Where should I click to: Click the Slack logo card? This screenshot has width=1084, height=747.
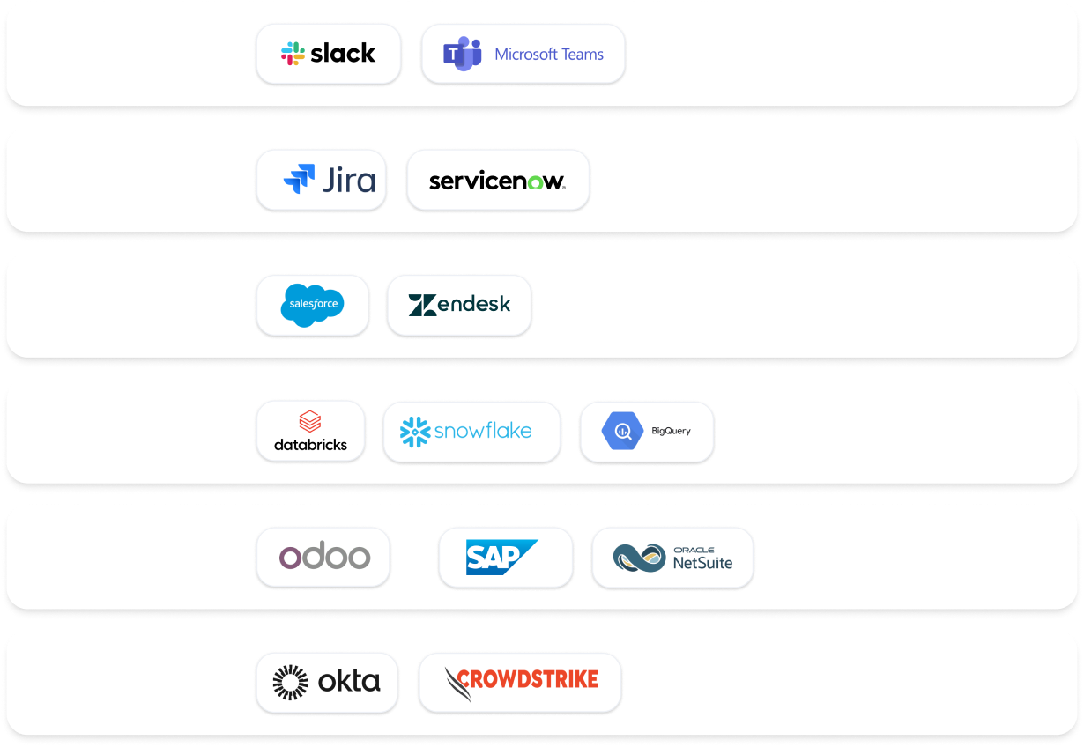click(x=328, y=54)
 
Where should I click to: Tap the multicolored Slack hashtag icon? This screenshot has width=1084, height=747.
click(x=293, y=54)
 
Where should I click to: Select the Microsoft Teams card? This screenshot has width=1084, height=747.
click(x=523, y=54)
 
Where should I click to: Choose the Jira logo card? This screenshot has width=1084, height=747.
click(x=321, y=180)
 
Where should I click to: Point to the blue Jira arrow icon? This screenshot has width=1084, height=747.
click(x=299, y=179)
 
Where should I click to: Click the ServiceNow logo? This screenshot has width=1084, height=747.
click(x=497, y=181)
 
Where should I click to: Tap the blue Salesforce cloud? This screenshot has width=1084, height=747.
click(x=312, y=305)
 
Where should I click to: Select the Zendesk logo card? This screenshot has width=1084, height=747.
click(x=458, y=305)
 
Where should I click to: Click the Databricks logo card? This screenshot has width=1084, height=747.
click(x=310, y=431)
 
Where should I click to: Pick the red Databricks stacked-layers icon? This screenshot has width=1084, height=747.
click(x=310, y=421)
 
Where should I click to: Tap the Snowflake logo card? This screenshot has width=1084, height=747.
click(x=471, y=432)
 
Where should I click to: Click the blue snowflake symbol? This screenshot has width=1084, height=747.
click(x=415, y=432)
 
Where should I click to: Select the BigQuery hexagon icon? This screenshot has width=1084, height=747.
click(x=623, y=432)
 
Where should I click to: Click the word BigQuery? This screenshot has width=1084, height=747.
click(x=671, y=432)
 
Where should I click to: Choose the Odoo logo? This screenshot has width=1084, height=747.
click(x=323, y=557)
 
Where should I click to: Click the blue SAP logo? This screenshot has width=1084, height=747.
click(x=501, y=557)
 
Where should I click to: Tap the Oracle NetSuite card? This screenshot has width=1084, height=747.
click(x=672, y=558)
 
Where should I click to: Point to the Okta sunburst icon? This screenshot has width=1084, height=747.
click(x=290, y=683)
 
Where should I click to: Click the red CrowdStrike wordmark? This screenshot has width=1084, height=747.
click(x=528, y=679)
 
